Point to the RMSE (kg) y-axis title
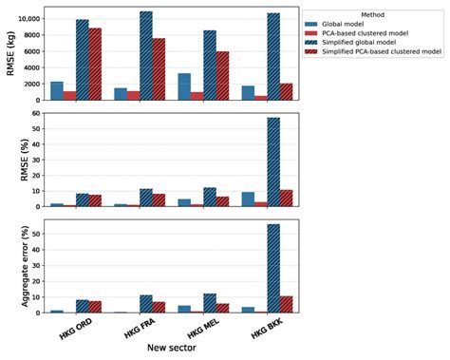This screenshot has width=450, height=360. [11, 54]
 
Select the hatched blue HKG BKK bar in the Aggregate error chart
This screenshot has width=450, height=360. [272, 268]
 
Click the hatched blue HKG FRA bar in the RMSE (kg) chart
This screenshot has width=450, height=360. [145, 55]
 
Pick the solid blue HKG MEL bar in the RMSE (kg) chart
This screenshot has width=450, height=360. [184, 86]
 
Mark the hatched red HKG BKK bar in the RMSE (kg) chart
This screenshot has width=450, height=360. [286, 91]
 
